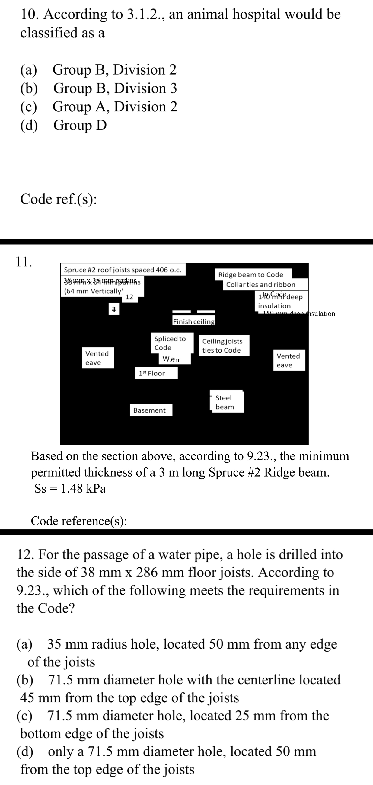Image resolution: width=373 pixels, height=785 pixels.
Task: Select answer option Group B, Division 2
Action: click(114, 70)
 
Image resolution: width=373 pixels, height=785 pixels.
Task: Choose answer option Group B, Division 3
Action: click(115, 88)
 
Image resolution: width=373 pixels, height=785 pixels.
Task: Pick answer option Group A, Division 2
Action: click(115, 107)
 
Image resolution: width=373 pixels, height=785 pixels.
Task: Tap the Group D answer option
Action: click(80, 125)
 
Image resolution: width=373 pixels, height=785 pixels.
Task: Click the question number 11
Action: click(24, 261)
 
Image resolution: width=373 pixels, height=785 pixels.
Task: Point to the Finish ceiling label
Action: click(194, 321)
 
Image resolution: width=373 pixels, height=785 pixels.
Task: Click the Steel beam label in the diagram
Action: click(225, 402)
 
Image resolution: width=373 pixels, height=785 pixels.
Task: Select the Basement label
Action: click(149, 410)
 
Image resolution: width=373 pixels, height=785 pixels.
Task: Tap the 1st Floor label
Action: click(152, 373)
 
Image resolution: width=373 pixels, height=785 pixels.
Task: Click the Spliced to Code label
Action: click(170, 343)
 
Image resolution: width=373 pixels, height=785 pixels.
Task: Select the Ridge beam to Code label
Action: click(250, 275)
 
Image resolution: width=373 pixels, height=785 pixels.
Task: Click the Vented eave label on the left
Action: click(97, 358)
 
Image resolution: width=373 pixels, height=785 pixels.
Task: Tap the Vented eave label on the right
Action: click(288, 360)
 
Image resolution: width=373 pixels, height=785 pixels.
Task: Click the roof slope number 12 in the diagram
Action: click(129, 297)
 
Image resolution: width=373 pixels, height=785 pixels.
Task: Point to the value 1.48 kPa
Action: click(83, 489)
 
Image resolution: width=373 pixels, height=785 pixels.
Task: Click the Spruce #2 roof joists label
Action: click(123, 270)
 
